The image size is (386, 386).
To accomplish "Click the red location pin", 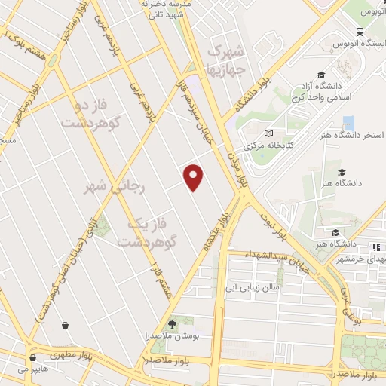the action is click(195, 176).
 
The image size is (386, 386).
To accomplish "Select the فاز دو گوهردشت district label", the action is click(93, 112).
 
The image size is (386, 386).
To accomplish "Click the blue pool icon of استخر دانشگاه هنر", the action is click(348, 123).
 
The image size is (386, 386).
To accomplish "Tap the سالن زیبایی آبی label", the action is click(253, 287).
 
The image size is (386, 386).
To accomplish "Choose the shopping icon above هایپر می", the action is click(32, 358).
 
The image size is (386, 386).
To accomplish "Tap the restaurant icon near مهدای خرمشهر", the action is click(375, 247).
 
